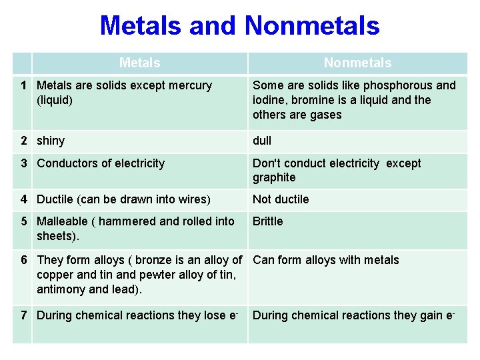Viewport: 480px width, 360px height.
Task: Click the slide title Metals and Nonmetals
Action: (x=239, y=26)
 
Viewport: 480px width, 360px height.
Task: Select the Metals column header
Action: (x=139, y=63)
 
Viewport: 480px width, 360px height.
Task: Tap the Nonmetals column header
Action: (x=357, y=63)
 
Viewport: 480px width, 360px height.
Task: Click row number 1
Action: (x=23, y=85)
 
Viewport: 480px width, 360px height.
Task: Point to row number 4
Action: (x=23, y=199)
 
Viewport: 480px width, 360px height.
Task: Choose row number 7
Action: (x=23, y=315)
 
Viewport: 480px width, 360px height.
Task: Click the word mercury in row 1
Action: (x=191, y=85)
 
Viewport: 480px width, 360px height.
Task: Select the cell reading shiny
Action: (x=51, y=141)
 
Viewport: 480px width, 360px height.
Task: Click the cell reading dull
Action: (x=262, y=141)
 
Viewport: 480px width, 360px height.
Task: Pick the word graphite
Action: (x=274, y=177)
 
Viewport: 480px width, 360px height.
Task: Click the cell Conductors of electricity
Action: (x=101, y=163)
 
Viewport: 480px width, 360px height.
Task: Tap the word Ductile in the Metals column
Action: (x=55, y=199)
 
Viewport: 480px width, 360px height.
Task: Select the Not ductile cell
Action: (x=281, y=199)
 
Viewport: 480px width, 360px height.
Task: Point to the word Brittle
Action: (x=267, y=221)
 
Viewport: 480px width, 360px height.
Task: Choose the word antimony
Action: (x=61, y=289)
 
